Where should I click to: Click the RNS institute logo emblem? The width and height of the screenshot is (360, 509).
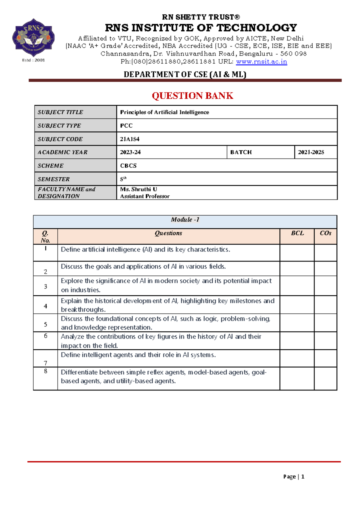pos(33,38)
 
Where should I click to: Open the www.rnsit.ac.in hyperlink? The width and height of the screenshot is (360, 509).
pos(261,62)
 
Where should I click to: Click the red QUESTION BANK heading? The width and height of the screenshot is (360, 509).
pos(192,96)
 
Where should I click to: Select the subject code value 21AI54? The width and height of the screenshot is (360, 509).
pos(130,139)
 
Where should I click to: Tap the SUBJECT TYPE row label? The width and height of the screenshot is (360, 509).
pos(59,126)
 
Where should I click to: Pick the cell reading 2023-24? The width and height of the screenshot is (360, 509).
pos(130,152)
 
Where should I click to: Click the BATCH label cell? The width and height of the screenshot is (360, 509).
pos(241,152)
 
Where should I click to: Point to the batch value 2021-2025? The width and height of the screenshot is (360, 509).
pos(311,152)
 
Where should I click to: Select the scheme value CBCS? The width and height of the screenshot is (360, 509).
pos(128,166)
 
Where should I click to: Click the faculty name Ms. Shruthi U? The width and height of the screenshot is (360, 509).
pos(139,189)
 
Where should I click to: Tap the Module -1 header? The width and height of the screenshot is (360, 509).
pos(185,220)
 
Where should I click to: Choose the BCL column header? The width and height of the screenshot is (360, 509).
pos(297,233)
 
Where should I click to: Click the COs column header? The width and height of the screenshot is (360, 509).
pos(325,233)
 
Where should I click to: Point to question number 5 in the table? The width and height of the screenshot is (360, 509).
pos(46,324)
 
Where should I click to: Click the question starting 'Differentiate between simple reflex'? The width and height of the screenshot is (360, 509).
pos(163,377)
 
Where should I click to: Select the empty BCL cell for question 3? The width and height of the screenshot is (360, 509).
pos(297,286)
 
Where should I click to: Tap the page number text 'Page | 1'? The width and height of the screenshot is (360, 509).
pos(294,477)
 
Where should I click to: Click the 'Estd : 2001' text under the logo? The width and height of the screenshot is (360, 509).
pos(33,60)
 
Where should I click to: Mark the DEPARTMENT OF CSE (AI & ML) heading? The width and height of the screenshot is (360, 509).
pos(185,74)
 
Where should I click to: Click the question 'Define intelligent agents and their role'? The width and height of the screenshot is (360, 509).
pos(138,355)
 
